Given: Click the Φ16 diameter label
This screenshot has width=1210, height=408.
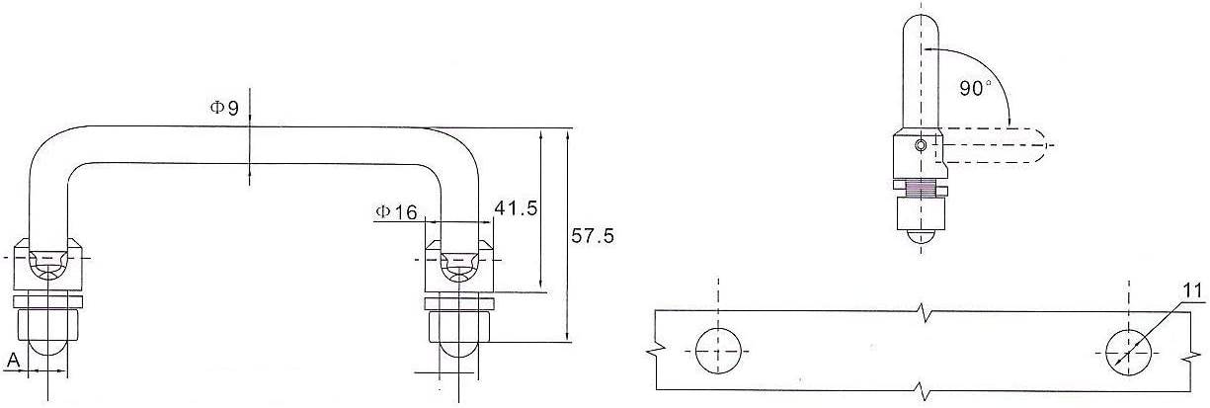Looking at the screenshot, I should (396, 211).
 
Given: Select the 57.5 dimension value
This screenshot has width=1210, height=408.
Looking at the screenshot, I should (593, 236).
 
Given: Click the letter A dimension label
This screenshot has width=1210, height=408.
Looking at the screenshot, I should (13, 362).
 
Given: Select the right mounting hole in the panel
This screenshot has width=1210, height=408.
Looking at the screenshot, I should (1129, 352).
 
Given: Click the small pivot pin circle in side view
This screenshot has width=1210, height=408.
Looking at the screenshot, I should (921, 145).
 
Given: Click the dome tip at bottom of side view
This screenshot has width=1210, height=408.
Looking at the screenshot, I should (921, 238).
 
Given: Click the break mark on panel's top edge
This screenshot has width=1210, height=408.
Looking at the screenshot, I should (923, 309).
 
